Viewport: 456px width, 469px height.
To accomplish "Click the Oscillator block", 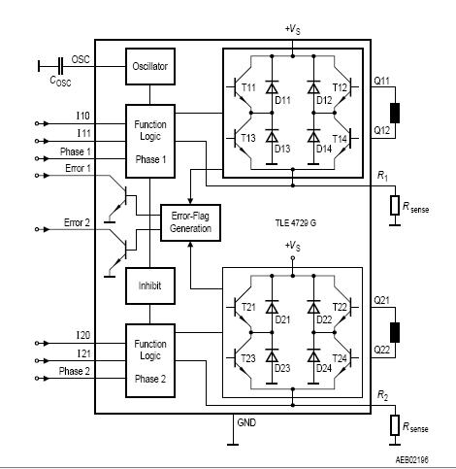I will (151, 66).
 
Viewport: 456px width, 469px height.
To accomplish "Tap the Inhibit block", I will (151, 286).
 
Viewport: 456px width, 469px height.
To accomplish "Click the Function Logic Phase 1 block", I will (151, 141).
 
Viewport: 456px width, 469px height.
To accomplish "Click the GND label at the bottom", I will (246, 423).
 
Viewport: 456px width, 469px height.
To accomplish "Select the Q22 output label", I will (383, 350).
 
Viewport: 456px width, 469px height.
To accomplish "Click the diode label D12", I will (323, 100).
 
